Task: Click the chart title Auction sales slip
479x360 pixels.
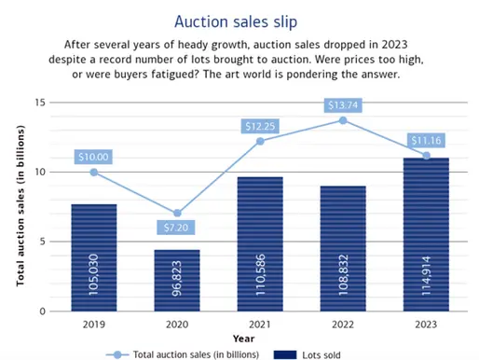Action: click(239, 19)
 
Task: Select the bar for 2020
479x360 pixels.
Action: click(177, 280)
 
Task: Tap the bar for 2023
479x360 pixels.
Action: click(426, 234)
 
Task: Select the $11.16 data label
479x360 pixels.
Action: click(426, 139)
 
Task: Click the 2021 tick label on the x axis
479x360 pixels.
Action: click(260, 323)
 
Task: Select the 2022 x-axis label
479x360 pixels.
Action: click(343, 323)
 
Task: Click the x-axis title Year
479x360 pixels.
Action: click(242, 338)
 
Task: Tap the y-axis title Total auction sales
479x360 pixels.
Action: click(19, 207)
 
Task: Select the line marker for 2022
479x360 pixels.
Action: click(343, 120)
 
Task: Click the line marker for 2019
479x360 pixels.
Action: click(94, 172)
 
